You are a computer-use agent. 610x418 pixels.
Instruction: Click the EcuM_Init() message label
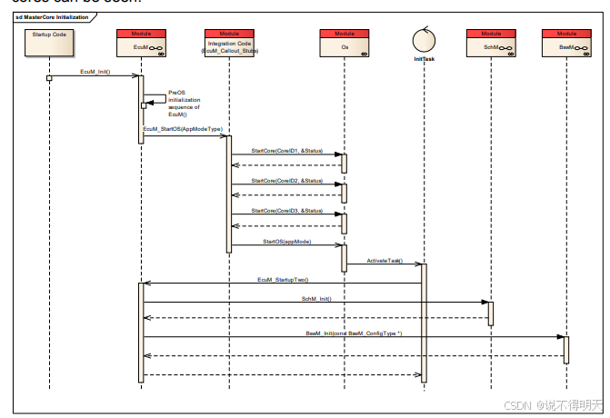(x=95, y=72)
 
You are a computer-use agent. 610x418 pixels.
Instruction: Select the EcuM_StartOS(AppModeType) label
(x=183, y=130)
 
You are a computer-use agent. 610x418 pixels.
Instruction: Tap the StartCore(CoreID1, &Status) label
(x=286, y=149)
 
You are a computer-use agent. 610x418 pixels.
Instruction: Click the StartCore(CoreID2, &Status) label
(x=286, y=180)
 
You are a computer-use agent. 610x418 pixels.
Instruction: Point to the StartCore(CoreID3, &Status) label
(x=286, y=211)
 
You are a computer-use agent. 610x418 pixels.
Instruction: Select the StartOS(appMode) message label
(x=286, y=242)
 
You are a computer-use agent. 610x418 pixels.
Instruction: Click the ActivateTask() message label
(x=384, y=260)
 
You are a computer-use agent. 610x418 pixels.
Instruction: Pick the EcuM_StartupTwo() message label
(x=283, y=279)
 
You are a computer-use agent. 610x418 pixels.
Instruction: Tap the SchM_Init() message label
(x=316, y=298)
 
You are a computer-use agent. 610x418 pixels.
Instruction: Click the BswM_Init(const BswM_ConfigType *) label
(x=354, y=333)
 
